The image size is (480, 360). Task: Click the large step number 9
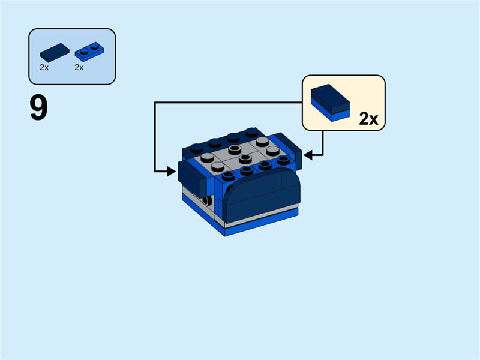click(x=38, y=109)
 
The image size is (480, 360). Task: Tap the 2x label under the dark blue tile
click(x=44, y=68)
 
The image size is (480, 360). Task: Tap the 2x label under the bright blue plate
click(x=79, y=68)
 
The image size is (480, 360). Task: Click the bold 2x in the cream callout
click(x=368, y=119)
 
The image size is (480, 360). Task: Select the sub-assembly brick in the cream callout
click(x=330, y=103)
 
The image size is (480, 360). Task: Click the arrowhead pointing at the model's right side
click(x=308, y=155)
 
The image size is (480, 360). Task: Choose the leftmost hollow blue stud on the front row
click(x=229, y=176)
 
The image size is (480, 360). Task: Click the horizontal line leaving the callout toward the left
click(x=228, y=102)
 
